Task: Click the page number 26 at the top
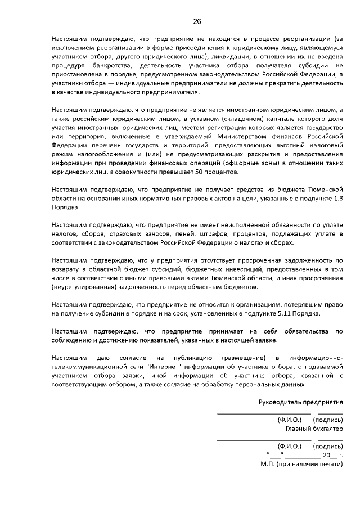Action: (x=197, y=21)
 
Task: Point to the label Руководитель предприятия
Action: (x=300, y=402)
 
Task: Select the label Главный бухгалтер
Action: (x=314, y=429)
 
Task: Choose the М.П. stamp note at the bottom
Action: (x=301, y=465)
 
